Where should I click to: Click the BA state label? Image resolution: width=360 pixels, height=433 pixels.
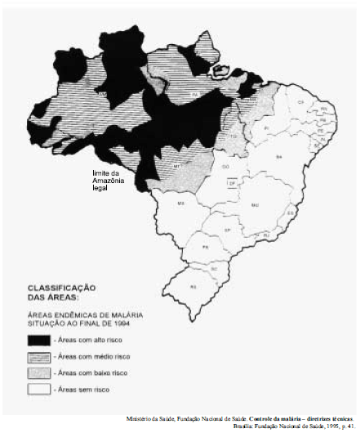click(279, 156)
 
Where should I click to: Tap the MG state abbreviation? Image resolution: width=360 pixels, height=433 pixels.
click(254, 204)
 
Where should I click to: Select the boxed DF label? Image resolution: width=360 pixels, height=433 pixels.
click(232, 185)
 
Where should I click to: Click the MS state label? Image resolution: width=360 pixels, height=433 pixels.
click(181, 201)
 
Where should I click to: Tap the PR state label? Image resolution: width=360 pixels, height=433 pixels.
click(205, 246)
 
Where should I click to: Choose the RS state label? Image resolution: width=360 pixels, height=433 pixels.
click(193, 287)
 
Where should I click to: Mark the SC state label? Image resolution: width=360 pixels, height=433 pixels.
click(214, 267)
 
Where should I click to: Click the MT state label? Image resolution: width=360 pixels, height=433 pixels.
click(176, 165)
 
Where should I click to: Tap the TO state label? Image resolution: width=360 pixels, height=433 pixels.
click(233, 136)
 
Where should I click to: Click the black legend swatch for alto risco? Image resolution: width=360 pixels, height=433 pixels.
click(39, 339)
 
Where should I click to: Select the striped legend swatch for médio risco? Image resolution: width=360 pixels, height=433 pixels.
click(39, 356)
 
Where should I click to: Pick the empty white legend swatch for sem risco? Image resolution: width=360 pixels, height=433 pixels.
click(39, 389)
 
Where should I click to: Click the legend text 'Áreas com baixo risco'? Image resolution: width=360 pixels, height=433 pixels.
click(91, 373)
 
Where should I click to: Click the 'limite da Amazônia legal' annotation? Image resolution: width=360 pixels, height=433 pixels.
click(108, 180)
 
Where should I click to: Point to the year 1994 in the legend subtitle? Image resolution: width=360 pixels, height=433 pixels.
click(123, 324)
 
